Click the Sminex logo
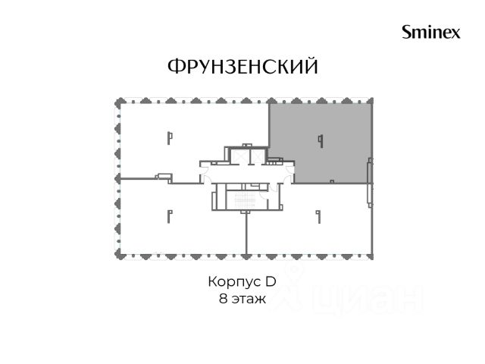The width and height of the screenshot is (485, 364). click(431, 33)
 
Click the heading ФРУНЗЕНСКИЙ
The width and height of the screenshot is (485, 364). click(242, 66)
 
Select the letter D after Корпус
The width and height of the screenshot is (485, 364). click(271, 281)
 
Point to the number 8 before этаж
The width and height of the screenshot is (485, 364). click(224, 299)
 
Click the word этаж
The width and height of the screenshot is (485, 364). click(249, 300)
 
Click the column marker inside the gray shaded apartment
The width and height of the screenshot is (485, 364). click(321, 141)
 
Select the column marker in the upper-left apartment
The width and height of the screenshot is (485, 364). click(170, 138)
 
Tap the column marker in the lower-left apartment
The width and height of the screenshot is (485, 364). click(170, 216)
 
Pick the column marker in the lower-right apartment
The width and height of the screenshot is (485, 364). click(318, 217)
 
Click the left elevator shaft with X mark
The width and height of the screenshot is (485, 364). click(239, 155)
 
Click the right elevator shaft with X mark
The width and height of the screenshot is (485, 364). click(257, 155)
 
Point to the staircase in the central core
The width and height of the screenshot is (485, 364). click(245, 200)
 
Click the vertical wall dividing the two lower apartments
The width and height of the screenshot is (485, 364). click(246, 233)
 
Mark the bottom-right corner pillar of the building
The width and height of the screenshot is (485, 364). click(371, 256)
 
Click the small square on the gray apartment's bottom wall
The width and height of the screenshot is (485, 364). click(332, 181)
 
